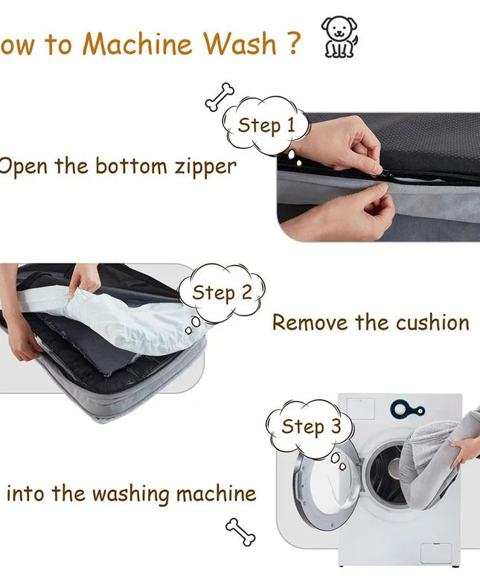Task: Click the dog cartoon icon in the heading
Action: (x=339, y=37)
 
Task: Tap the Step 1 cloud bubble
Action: (x=266, y=126)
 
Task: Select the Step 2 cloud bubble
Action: (x=222, y=292)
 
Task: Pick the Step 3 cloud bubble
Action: (x=310, y=426)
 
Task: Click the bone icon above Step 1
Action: (x=220, y=97)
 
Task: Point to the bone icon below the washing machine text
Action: (x=240, y=531)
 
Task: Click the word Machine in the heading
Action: (x=138, y=44)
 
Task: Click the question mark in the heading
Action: (x=292, y=44)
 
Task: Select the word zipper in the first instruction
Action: (x=205, y=166)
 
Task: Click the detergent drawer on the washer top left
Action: (x=362, y=408)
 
